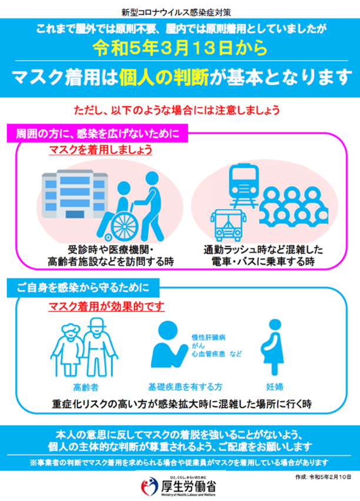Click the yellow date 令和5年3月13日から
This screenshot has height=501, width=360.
pyautogui.click(x=180, y=48)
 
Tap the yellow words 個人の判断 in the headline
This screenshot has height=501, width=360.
pyautogui.click(x=164, y=78)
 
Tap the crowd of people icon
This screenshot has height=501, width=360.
pyautogui.click(x=294, y=206)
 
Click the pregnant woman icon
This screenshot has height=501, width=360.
pyautogui.click(x=274, y=347)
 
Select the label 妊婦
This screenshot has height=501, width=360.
pyautogui.click(x=275, y=387)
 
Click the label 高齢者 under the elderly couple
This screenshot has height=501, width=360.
pyautogui.click(x=86, y=387)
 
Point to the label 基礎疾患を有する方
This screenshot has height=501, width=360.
pyautogui.click(x=185, y=387)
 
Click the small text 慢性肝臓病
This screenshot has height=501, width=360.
pyautogui.click(x=208, y=337)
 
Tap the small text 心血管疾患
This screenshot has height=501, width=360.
pyautogui.click(x=208, y=354)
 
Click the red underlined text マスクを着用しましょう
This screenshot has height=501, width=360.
pyautogui.click(x=101, y=150)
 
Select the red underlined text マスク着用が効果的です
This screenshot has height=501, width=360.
pyautogui.click(x=106, y=306)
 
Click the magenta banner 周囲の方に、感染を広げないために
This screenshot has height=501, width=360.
pyautogui.click(x=97, y=134)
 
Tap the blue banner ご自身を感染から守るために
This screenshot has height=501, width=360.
pyautogui.click(x=83, y=288)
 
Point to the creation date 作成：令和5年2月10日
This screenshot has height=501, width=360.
pyautogui.click(x=323, y=477)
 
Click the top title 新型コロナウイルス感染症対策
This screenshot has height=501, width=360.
pyautogui.click(x=176, y=12)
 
